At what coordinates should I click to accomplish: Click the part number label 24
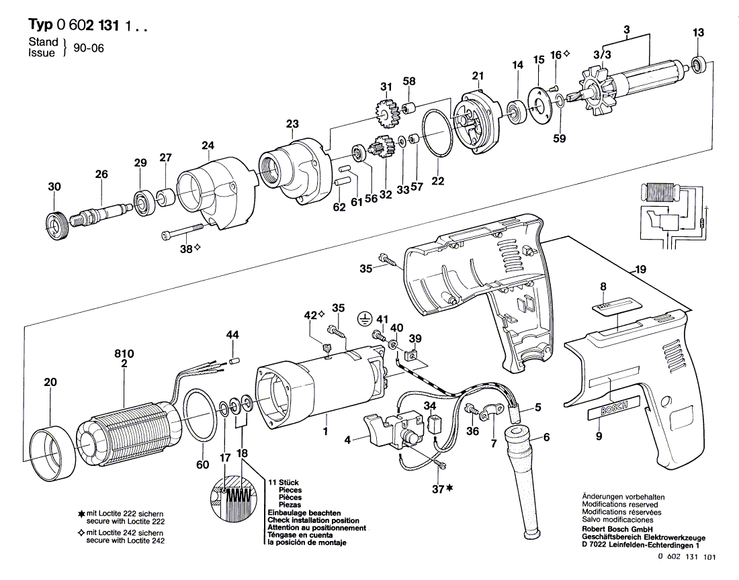208,146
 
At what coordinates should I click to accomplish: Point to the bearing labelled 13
699,64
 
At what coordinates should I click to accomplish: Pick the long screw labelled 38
182,231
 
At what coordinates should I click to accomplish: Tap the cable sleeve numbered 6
525,479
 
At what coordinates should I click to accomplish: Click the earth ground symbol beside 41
363,319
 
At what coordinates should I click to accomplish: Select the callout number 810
124,354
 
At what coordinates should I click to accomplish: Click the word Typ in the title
40,23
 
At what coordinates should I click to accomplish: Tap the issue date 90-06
89,48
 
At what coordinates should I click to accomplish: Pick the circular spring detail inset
233,499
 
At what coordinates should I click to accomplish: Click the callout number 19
640,269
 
